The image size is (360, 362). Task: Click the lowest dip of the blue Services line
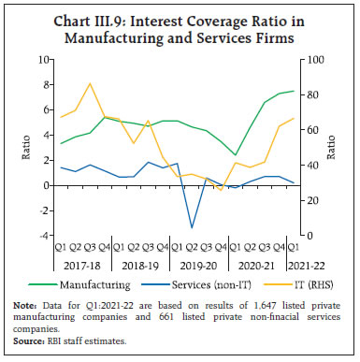[x=192, y=227]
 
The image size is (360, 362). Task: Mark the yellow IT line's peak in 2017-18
[x=90, y=83]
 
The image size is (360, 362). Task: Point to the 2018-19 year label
[x=140, y=265]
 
